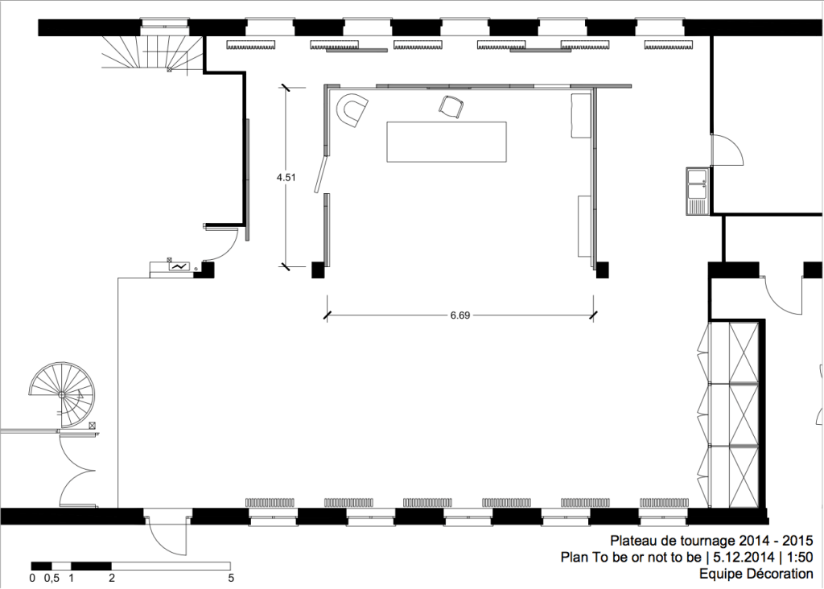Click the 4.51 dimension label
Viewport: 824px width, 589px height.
coord(286,178)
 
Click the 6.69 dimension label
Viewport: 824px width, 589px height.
coord(459,315)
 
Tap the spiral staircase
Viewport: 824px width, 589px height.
coord(63,394)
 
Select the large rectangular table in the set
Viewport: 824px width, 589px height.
coord(447,142)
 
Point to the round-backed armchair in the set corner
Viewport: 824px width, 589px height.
coord(352,109)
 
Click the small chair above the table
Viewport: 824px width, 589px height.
coord(451,107)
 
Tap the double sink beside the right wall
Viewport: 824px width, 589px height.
coord(698,190)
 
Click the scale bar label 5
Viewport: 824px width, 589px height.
coord(231,579)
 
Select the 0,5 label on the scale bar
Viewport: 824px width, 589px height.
coord(51,579)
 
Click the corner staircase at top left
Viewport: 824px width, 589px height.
coord(152,53)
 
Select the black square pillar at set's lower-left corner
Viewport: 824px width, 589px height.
coord(318,270)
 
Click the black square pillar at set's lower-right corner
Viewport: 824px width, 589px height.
coord(602,270)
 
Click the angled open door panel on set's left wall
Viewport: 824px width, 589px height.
coord(320,174)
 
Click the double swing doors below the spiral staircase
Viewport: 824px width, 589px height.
coord(78,469)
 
